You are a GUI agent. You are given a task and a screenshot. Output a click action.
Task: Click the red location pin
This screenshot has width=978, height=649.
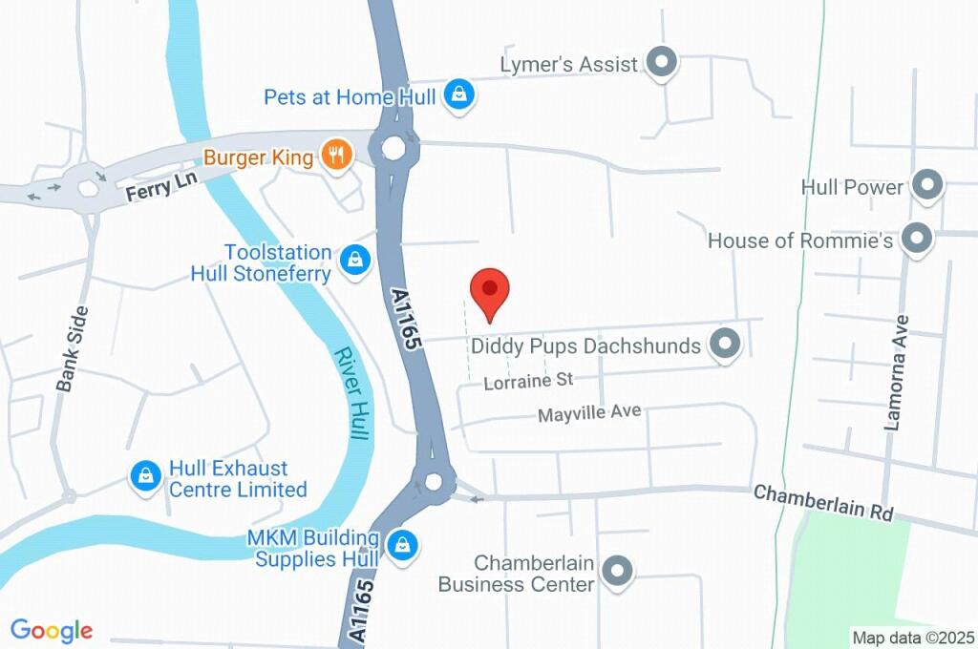pyautogui.click(x=490, y=290)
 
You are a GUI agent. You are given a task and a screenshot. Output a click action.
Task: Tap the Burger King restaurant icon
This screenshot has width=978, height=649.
pyautogui.click(x=335, y=154)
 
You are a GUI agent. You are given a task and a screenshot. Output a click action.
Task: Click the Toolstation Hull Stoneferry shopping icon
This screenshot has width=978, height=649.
pyautogui.click(x=356, y=258)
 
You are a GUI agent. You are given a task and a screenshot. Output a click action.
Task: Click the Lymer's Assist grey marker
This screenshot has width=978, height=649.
pyautogui.click(x=661, y=63)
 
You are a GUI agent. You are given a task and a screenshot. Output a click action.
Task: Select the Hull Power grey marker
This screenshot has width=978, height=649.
pyautogui.click(x=926, y=186)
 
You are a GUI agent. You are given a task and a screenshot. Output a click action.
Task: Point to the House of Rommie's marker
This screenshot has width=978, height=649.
pyautogui.click(x=917, y=240)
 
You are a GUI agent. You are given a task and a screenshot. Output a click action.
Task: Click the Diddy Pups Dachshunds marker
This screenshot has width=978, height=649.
pyautogui.click(x=726, y=345)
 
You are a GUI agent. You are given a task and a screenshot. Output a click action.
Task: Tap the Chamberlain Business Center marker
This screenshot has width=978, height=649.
pyautogui.click(x=618, y=571)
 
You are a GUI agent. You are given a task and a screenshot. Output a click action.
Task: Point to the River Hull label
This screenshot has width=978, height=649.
pyautogui.click(x=351, y=392)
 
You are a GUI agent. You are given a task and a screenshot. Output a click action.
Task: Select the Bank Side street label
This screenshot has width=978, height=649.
pyautogui.click(x=72, y=348)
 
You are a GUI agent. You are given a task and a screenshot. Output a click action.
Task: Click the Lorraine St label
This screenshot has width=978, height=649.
pyautogui.click(x=528, y=381)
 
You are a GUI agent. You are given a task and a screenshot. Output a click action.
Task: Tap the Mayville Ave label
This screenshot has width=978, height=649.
pyautogui.click(x=588, y=413)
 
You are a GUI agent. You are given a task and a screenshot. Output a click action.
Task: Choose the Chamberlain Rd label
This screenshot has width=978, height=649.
pyautogui.click(x=822, y=502)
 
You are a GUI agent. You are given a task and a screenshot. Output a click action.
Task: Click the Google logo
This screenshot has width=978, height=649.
pyautogui.click(x=52, y=630)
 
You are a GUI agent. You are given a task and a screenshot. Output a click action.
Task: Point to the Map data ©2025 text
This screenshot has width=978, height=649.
pyautogui.click(x=912, y=637)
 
